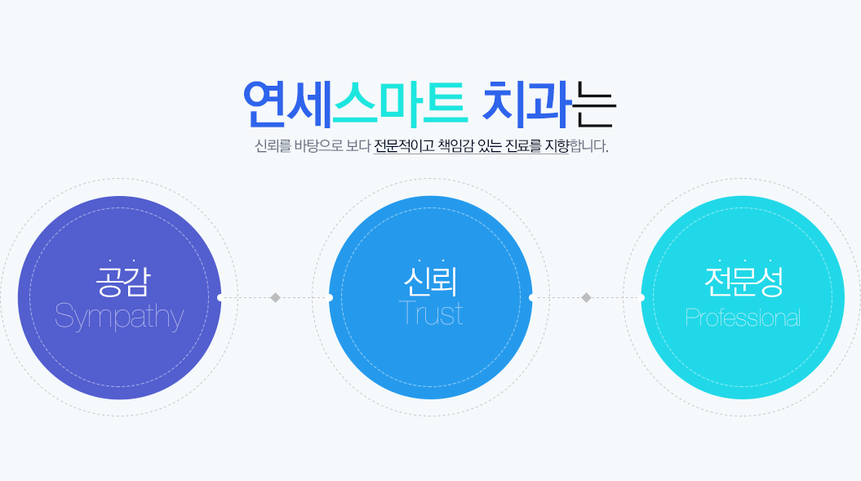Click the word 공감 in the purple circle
tap(123, 281)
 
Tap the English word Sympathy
tap(119, 317)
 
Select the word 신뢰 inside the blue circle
tap(431, 281)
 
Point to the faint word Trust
tap(431, 314)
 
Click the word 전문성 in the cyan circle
tap(743, 281)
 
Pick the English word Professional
tap(743, 318)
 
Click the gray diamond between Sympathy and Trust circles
tap(276, 298)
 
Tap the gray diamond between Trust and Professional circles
tap(587, 298)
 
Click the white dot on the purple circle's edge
tap(220, 298)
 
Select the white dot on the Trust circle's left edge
tap(330, 298)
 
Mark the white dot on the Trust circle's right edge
tap(531, 298)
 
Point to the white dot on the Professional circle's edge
tap(642, 298)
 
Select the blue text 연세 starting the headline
tap(287, 103)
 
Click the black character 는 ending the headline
tap(593, 104)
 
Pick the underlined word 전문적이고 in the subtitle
tap(404, 146)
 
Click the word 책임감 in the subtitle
tap(455, 146)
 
